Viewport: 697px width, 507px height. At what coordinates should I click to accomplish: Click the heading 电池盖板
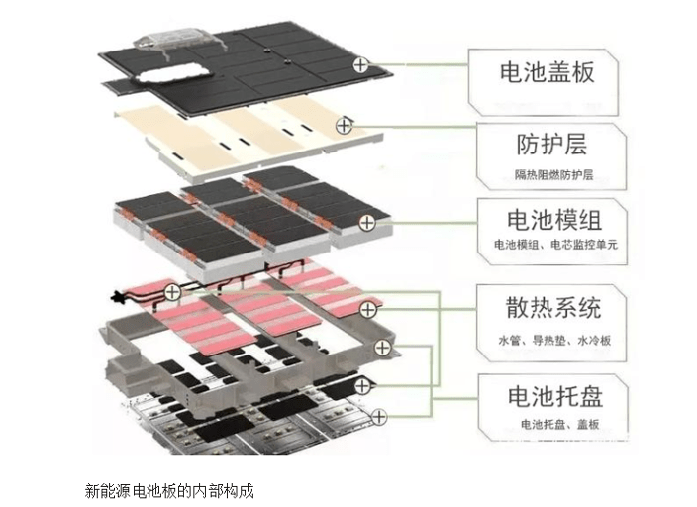546,73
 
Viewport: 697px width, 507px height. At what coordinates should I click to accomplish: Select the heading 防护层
551,144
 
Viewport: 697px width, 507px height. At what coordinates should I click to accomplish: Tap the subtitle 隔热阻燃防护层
553,175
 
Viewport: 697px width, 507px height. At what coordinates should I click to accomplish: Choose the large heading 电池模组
553,218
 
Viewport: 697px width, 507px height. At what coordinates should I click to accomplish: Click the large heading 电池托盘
554,397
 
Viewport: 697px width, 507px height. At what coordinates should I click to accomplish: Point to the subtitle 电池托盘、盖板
559,425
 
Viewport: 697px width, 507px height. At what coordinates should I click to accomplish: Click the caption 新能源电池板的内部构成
169,489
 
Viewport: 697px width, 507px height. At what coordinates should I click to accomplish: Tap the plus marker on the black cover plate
361,65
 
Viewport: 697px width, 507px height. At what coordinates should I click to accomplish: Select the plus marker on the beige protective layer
344,125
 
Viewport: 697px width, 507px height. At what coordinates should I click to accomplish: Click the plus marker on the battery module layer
366,223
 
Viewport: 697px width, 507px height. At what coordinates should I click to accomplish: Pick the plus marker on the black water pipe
172,291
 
